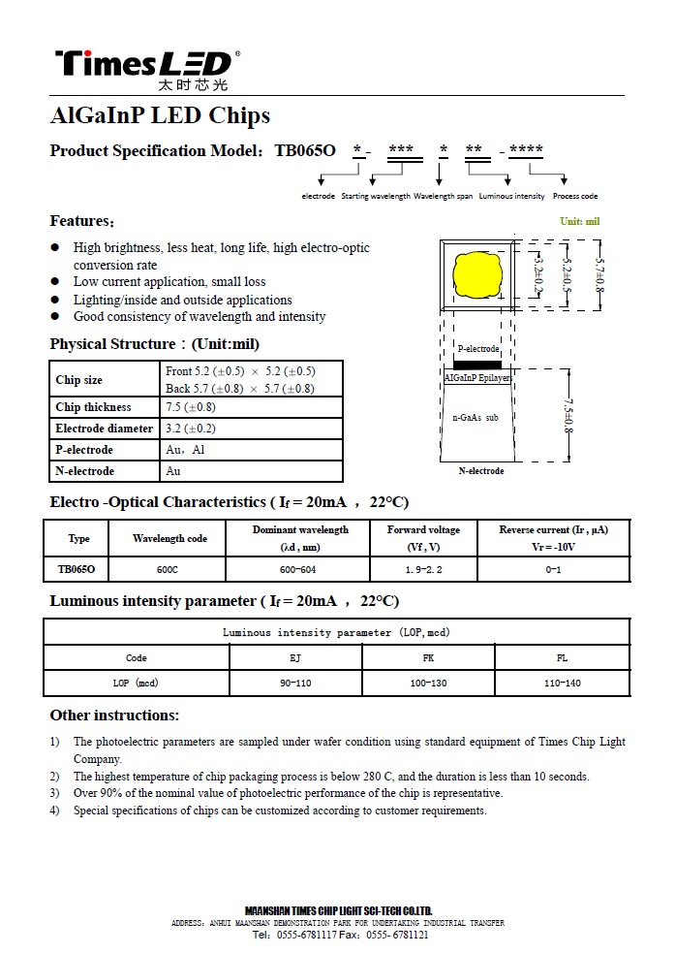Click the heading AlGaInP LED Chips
[x=160, y=116]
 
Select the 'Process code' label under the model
[x=575, y=196]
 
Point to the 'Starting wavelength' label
[x=376, y=196]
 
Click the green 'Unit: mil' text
[x=579, y=221]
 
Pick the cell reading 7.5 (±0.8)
[x=191, y=407]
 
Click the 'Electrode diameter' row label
[x=105, y=429]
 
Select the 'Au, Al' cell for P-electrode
[x=186, y=450]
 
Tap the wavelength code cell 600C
[x=167, y=569]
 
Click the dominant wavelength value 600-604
[x=298, y=569]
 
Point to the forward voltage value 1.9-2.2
[x=423, y=569]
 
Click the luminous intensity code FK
[x=428, y=658]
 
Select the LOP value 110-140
[x=562, y=683]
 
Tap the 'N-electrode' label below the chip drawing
[x=481, y=471]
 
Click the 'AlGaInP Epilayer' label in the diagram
[x=477, y=377]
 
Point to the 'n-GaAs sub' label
[x=476, y=417]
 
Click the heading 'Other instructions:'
[x=114, y=715]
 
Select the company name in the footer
[x=338, y=910]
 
